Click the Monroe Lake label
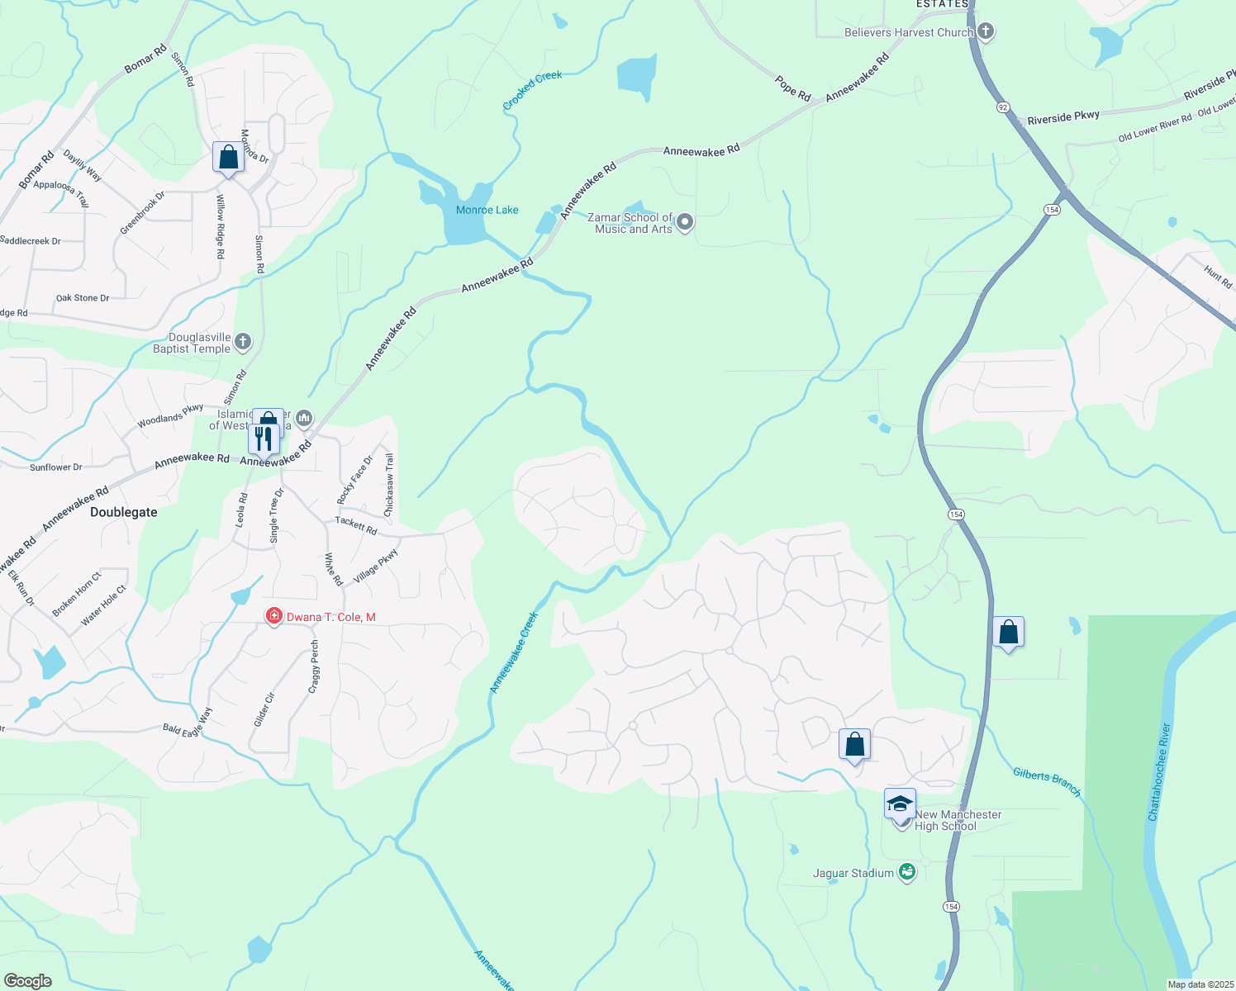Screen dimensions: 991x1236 [487, 210]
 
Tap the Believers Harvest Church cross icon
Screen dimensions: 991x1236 [985, 32]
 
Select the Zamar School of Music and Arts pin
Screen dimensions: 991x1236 [685, 222]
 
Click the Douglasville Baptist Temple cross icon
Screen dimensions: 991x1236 [243, 341]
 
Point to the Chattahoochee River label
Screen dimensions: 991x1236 [1159, 772]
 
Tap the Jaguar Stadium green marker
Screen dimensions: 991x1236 [907, 872]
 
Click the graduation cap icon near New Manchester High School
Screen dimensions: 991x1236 [900, 804]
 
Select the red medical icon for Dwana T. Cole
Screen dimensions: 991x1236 [273, 616]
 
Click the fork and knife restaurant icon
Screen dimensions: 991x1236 [264, 439]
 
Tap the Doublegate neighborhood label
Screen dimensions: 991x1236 [124, 512]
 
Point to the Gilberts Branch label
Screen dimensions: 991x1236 [1047, 782]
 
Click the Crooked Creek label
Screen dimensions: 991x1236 [532, 91]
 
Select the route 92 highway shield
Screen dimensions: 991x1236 [1003, 107]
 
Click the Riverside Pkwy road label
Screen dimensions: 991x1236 [1063, 118]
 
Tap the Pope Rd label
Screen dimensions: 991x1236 [793, 88]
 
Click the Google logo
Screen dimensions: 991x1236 [28, 981]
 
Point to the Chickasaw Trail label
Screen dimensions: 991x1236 [389, 485]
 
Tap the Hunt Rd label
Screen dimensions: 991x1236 [1218, 277]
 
